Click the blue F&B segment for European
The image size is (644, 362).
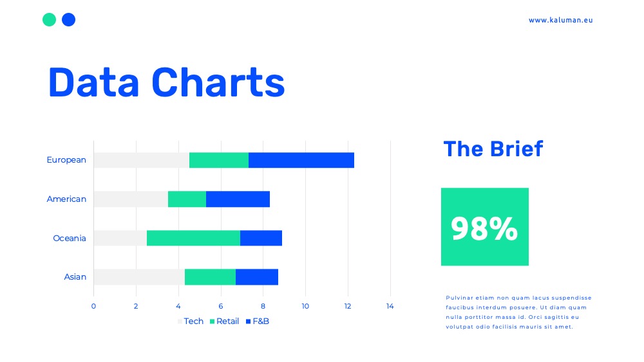click(x=301, y=160)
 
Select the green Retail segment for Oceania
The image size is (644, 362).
click(x=193, y=238)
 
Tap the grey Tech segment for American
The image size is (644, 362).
click(x=131, y=199)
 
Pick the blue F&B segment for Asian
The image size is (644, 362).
click(x=257, y=276)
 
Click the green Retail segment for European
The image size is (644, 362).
click(x=219, y=160)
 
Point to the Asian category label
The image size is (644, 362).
click(x=75, y=276)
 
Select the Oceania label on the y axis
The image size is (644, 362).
click(x=70, y=238)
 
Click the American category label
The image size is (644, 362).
click(x=66, y=199)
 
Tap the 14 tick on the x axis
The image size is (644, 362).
click(x=390, y=306)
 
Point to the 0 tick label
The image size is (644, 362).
click(x=93, y=306)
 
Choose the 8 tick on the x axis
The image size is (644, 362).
click(x=263, y=306)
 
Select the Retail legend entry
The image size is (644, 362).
click(x=224, y=321)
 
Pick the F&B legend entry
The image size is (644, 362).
click(x=257, y=321)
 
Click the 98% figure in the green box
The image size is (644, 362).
click(x=484, y=228)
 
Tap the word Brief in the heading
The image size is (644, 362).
click(x=516, y=149)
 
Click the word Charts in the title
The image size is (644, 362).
click(x=218, y=82)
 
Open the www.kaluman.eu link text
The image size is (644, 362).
click(x=561, y=20)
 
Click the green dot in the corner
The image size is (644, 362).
click(x=50, y=20)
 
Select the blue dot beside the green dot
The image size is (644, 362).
click(x=69, y=20)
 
